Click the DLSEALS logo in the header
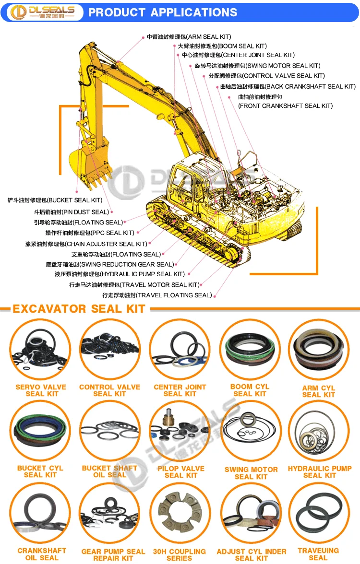point(43,12)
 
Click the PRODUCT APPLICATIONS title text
point(163,12)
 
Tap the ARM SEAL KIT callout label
point(189,36)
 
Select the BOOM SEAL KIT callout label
point(222,46)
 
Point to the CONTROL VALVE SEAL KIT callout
point(266,76)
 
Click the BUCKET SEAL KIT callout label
point(55,200)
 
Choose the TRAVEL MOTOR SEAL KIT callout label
point(134,284)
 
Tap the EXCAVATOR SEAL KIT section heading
point(79,309)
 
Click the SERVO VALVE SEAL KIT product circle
point(40,349)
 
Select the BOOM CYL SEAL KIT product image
point(250,349)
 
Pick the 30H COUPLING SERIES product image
point(180,513)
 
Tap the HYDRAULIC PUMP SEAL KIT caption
point(320,472)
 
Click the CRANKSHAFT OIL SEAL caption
point(42,554)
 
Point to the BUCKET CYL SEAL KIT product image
point(40,431)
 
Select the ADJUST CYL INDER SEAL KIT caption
point(252,554)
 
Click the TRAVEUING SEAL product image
point(319,513)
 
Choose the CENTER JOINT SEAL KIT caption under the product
point(180,390)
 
